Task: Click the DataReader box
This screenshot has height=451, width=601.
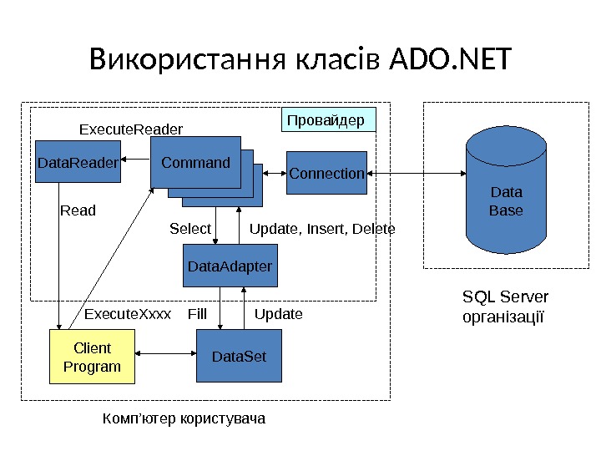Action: tap(78, 163)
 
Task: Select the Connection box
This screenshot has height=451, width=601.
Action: tap(326, 173)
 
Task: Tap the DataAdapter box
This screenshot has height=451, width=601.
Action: tap(230, 266)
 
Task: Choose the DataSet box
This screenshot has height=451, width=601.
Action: tap(239, 356)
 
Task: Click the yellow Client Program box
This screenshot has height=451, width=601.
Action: tap(92, 357)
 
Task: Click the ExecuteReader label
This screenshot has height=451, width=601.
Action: tap(130, 129)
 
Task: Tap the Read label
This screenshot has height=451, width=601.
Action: tap(78, 210)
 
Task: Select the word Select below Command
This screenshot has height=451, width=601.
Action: tap(190, 228)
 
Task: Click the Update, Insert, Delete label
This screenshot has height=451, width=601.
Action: tap(322, 228)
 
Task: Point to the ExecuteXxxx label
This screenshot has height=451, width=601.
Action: tap(128, 314)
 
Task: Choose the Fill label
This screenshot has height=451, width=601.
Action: tap(197, 314)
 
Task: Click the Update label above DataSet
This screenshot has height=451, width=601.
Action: tap(278, 314)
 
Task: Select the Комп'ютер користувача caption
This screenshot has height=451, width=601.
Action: tap(183, 418)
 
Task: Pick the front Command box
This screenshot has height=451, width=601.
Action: tap(195, 162)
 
